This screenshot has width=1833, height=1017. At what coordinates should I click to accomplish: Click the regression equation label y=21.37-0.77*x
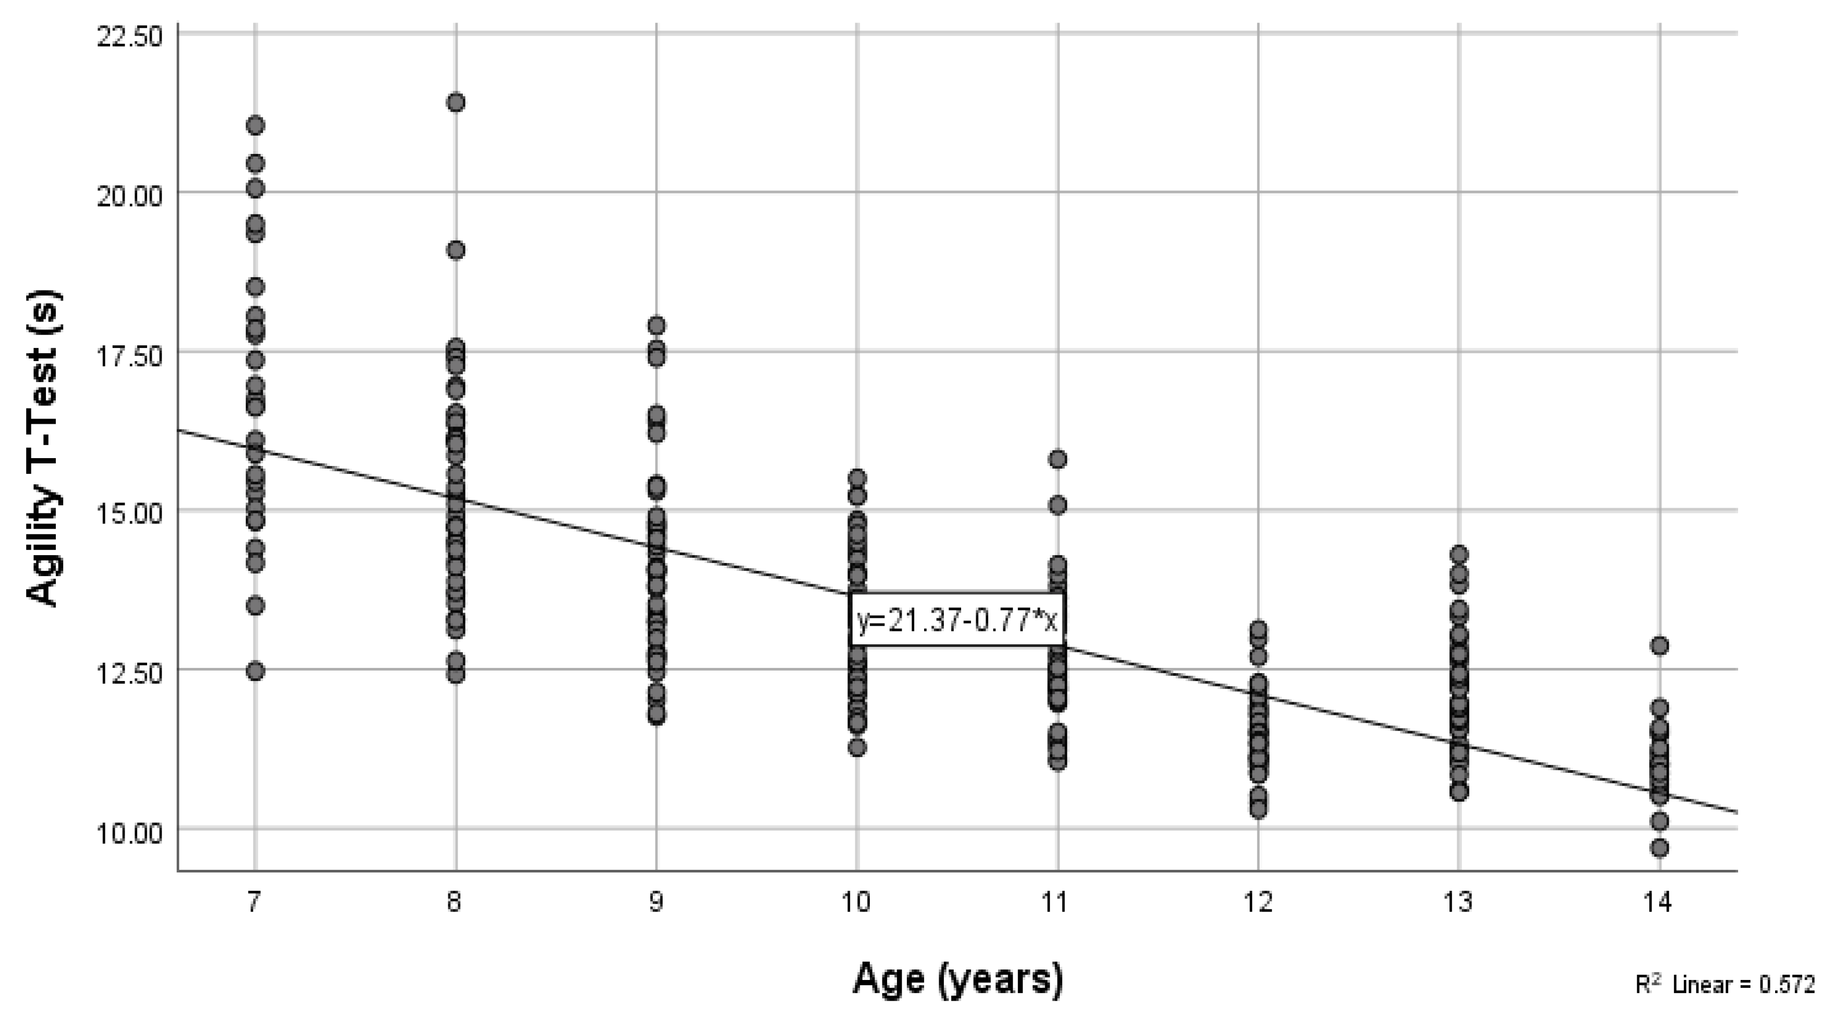pos(957,620)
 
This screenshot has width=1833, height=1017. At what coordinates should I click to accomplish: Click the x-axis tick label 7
pos(255,902)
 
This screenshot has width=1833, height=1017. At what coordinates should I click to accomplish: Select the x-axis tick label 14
pos(1659,902)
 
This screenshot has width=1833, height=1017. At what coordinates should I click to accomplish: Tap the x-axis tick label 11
pos(1057,902)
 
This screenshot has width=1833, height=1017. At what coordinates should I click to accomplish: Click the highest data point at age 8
pos(456,102)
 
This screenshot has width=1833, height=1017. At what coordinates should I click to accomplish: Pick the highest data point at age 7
pos(256,126)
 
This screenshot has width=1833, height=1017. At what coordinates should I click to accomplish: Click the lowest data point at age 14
pos(1659,847)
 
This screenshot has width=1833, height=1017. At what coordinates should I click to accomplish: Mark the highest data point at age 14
pos(1659,645)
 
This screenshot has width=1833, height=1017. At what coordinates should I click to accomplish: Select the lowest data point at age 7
pos(256,671)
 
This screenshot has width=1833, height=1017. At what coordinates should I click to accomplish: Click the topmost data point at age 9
pos(656,325)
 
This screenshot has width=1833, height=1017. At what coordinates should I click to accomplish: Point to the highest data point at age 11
pos(1058,459)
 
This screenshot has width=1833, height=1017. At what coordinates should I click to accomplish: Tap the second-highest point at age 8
pos(456,250)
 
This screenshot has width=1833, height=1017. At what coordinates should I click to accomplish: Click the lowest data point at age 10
pos(857,747)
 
